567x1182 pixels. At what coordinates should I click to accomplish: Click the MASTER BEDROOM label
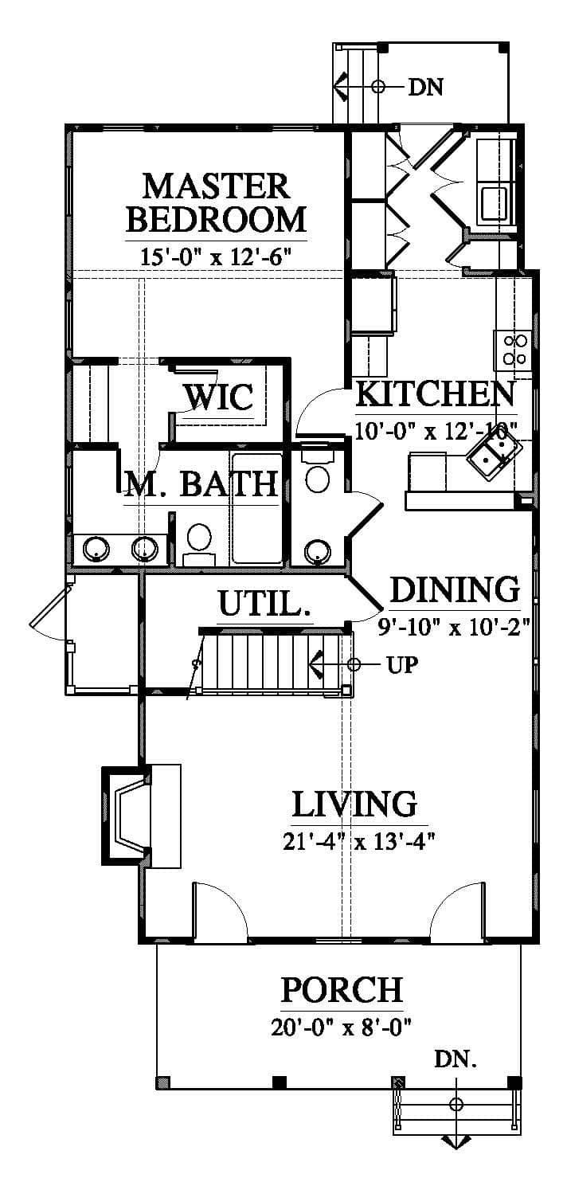click(217, 203)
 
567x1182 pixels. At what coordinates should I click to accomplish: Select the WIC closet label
click(218, 397)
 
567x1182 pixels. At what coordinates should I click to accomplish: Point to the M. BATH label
click(201, 484)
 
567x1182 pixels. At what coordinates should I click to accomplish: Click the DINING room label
click(455, 589)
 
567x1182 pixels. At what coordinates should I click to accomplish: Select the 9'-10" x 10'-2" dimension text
click(454, 628)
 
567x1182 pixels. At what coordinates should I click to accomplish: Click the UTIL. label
click(264, 604)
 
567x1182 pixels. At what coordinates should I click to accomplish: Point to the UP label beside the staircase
click(402, 665)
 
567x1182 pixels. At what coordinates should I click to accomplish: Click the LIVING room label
click(354, 804)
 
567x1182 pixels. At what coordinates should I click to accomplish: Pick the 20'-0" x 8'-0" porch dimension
click(342, 1027)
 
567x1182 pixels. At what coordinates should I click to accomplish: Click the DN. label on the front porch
click(456, 1059)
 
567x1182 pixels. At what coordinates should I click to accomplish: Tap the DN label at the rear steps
click(426, 87)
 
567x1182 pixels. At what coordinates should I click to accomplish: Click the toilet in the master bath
click(199, 543)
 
